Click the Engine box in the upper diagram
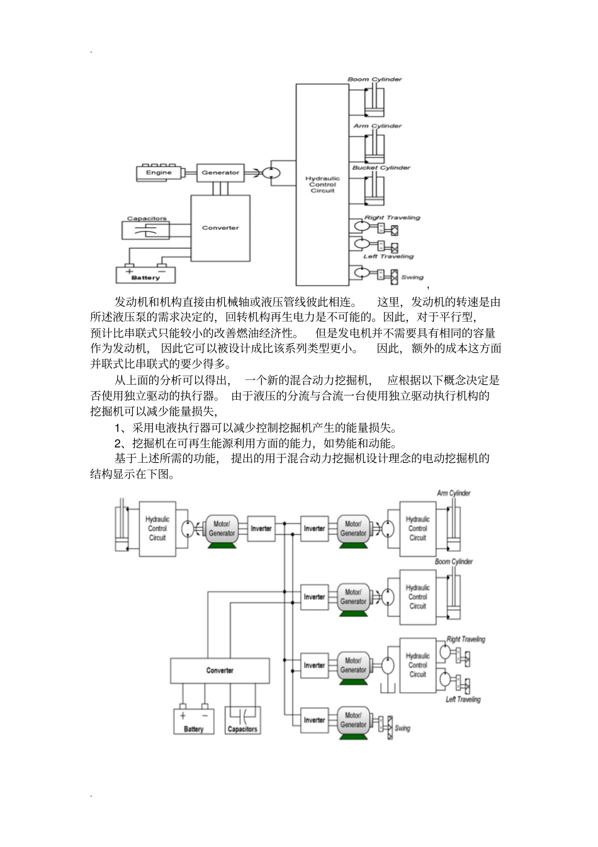[159, 173]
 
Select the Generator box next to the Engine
[220, 173]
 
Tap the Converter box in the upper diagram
[220, 227]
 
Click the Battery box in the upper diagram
[145, 274]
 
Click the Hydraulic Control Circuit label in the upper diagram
[322, 185]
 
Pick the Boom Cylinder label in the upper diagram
[375, 79]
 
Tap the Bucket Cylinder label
[381, 168]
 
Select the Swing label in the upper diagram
[412, 277]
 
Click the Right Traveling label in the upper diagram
[392, 218]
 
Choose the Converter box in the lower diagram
[220, 671]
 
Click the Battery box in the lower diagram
[194, 721]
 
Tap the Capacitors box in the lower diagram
[242, 721]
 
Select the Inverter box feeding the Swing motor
[314, 720]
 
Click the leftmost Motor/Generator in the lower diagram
[222, 529]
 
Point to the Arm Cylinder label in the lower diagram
[453, 493]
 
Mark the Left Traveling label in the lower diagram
[463, 700]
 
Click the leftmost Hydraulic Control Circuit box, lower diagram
[157, 529]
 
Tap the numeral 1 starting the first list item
[118, 428]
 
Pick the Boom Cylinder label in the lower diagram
[453, 561]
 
